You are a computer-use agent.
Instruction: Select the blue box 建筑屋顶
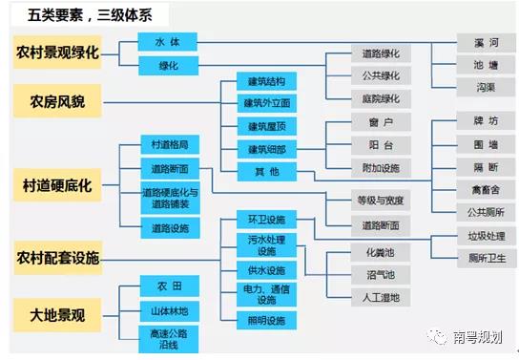266,126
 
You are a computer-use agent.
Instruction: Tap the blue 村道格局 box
170,145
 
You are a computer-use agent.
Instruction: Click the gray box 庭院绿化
381,98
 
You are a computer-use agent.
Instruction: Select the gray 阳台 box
381,145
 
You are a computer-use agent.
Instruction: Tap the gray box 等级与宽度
381,201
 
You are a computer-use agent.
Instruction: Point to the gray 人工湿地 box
381,298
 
